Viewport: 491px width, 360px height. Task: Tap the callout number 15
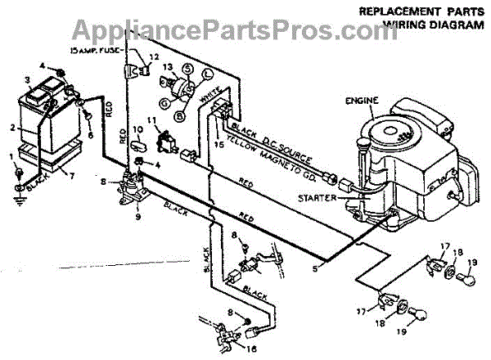pos(218,144)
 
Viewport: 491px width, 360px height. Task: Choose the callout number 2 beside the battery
pos(12,128)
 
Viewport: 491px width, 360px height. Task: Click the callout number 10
pos(137,130)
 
